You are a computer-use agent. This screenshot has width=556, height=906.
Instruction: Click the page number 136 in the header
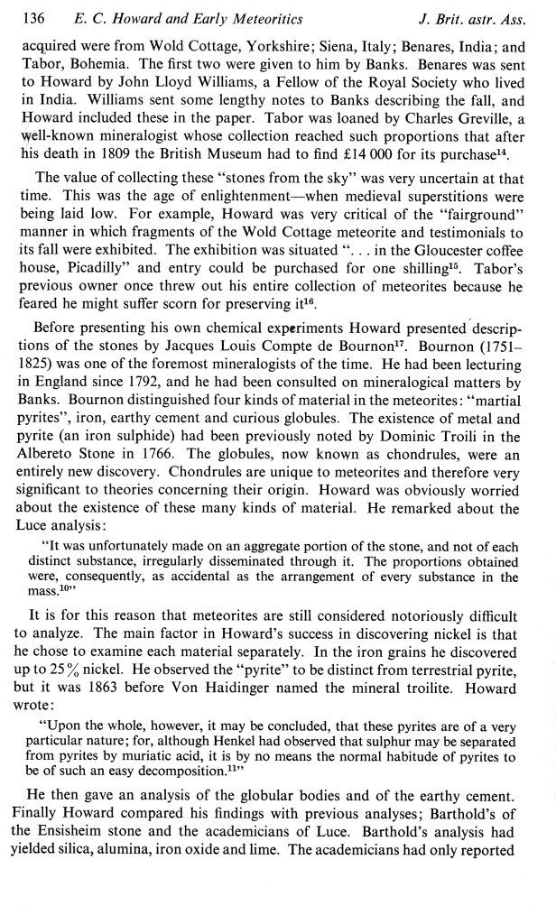pyautogui.click(x=32, y=13)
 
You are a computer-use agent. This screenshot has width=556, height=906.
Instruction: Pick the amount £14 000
pyautogui.click(x=380, y=164)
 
